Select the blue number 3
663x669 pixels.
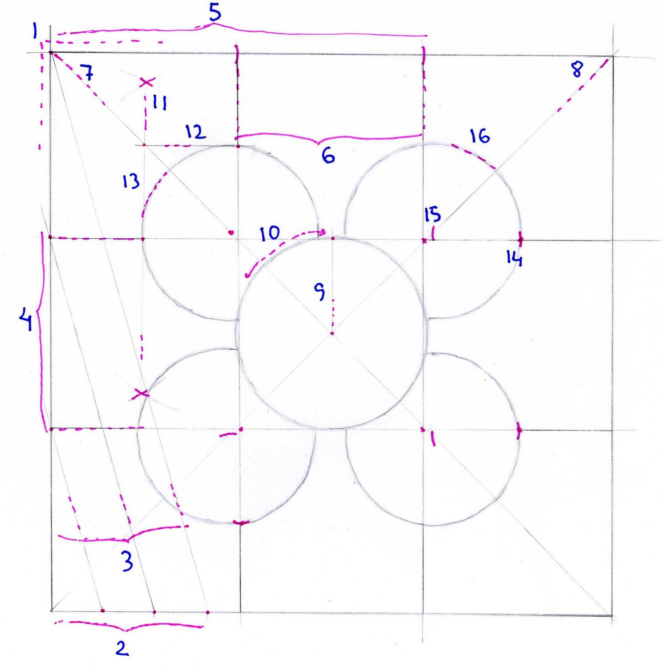pyautogui.click(x=127, y=561)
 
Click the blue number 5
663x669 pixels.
pyautogui.click(x=214, y=13)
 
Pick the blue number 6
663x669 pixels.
pyautogui.click(x=328, y=156)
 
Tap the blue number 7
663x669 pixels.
pyautogui.click(x=87, y=73)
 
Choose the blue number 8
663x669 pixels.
pyautogui.click(x=577, y=69)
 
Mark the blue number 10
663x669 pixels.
pyautogui.click(x=270, y=233)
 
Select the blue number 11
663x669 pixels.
pyautogui.click(x=159, y=102)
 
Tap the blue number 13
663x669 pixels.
pyautogui.click(x=131, y=182)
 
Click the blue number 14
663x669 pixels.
pyautogui.click(x=514, y=259)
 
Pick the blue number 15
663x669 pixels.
pyautogui.click(x=432, y=214)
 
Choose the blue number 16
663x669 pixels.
pyautogui.click(x=480, y=136)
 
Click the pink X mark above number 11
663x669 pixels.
pyautogui.click(x=146, y=82)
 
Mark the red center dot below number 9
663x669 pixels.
pyautogui.click(x=332, y=333)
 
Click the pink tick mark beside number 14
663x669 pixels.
pyautogui.click(x=521, y=240)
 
